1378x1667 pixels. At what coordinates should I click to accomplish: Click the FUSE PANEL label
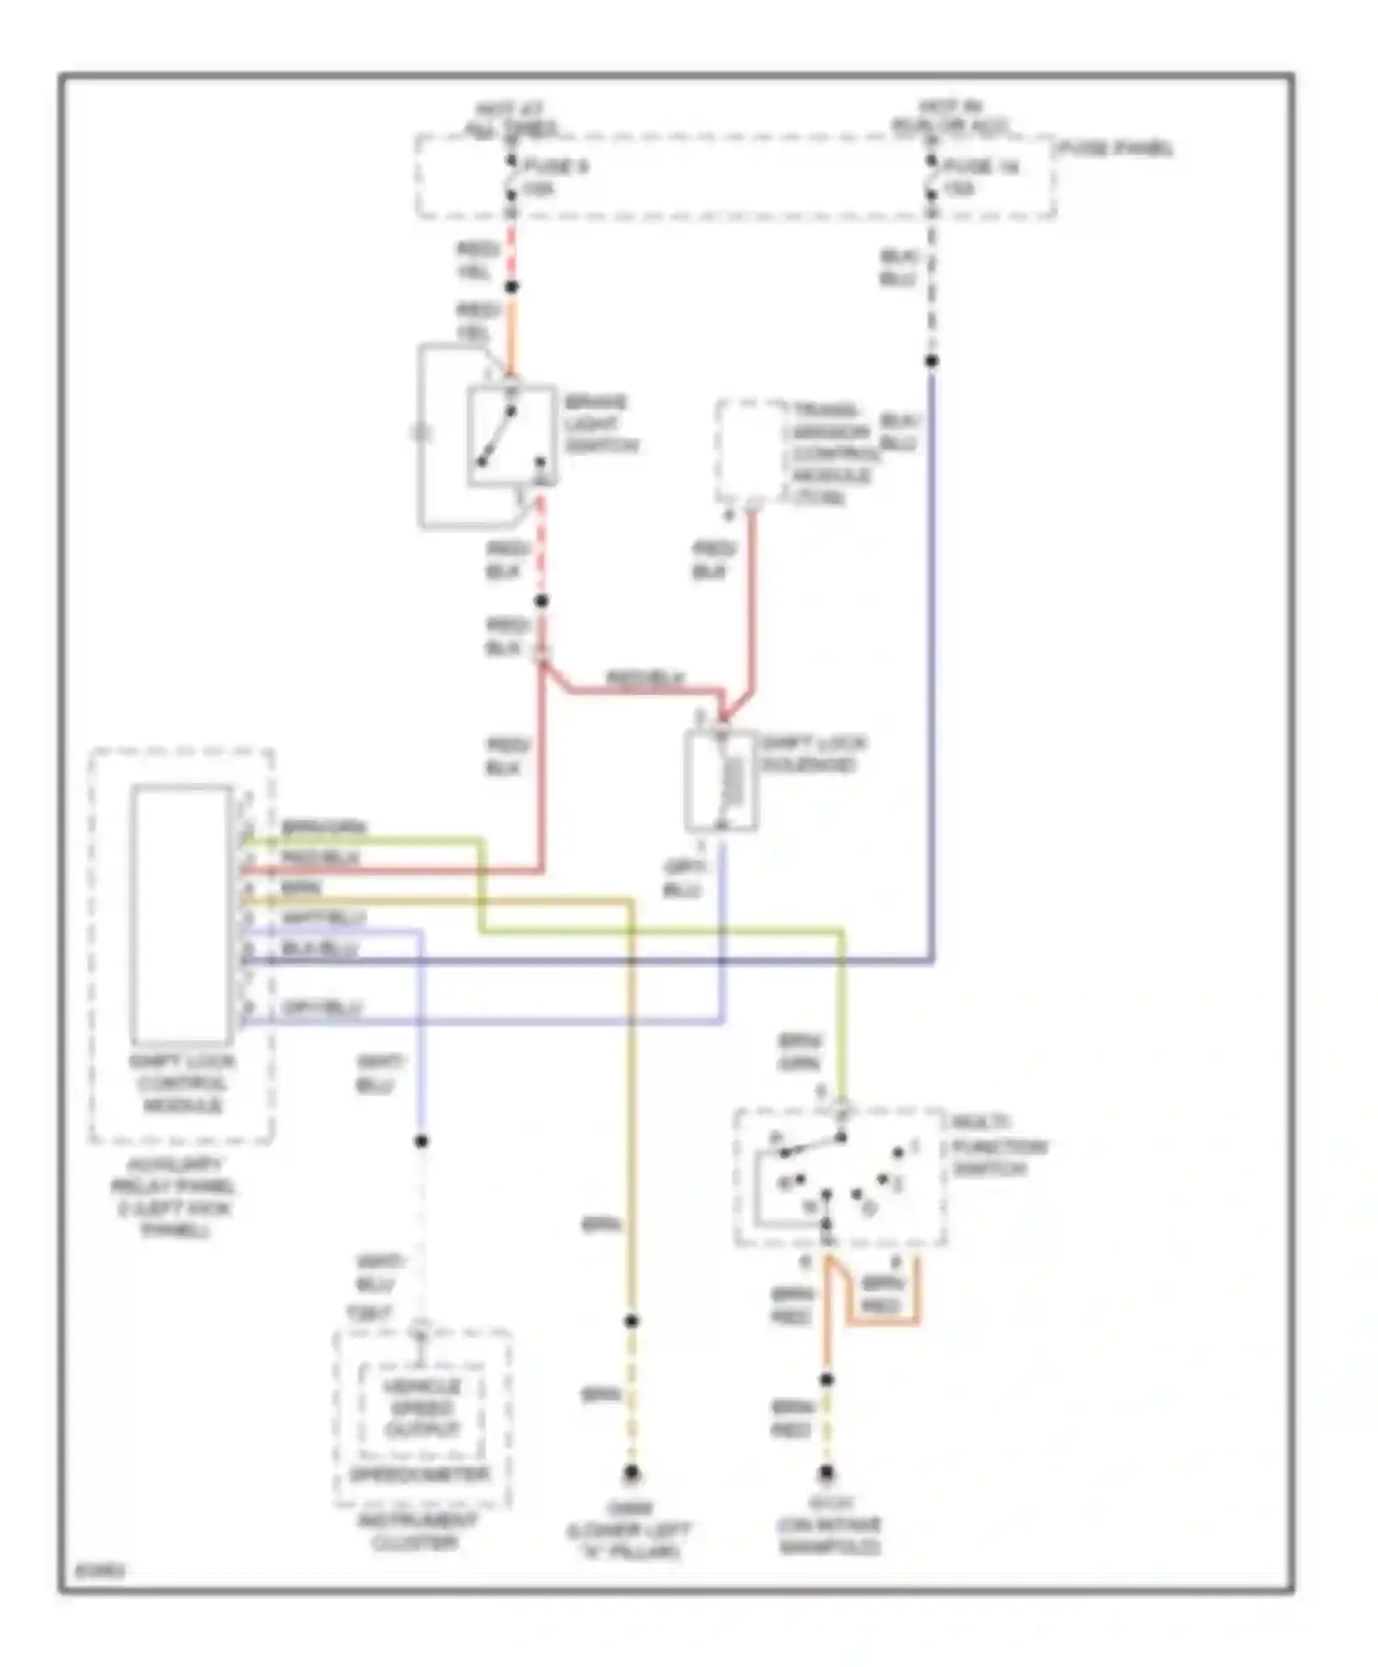point(1115,148)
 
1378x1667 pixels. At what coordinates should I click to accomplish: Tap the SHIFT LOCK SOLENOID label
point(812,754)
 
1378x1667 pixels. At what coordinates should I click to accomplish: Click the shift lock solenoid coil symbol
point(732,781)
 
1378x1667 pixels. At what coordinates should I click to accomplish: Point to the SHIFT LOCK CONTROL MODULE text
point(181,1083)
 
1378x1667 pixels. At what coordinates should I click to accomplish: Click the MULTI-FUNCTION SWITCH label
point(998,1145)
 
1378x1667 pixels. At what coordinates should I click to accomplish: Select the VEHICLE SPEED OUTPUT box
point(422,1408)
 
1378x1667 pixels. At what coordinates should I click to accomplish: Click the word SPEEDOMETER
point(422,1474)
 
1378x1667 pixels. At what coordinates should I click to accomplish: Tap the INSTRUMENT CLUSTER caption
point(416,1531)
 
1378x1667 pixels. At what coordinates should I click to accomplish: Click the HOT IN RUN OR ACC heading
point(950,117)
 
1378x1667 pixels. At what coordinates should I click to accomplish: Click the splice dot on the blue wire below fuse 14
point(932,361)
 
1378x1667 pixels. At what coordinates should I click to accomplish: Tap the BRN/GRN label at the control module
point(323,827)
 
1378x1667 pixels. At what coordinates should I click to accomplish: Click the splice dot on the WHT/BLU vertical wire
point(421,1140)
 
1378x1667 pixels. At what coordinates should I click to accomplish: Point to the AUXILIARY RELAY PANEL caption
point(174,1196)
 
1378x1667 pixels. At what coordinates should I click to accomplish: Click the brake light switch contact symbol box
point(511,435)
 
